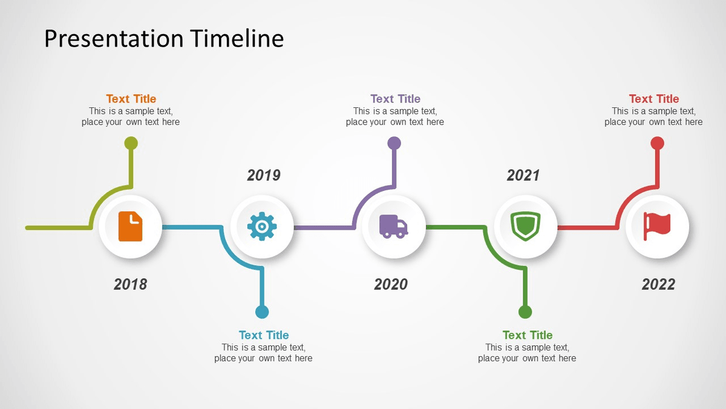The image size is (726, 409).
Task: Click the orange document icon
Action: [130, 227]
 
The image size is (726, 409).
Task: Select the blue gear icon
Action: [262, 227]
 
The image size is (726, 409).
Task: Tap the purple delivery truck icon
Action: [393, 226]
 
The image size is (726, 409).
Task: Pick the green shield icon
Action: [525, 226]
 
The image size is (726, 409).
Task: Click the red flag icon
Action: [657, 225]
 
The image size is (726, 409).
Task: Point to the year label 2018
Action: [130, 284]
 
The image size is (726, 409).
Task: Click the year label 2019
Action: [264, 175]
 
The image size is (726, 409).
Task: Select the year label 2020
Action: [391, 284]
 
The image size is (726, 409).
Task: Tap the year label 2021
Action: [523, 175]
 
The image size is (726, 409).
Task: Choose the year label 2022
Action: [658, 284]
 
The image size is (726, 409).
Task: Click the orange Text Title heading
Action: [131, 99]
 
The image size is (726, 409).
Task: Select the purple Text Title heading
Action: [395, 99]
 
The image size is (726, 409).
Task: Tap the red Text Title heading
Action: [653, 99]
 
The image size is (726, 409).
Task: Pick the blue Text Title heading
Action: [264, 335]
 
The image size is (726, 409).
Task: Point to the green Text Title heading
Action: [528, 335]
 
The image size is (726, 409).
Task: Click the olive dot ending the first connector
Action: [131, 144]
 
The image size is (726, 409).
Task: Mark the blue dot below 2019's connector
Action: [262, 312]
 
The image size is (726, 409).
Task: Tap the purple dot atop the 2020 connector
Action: [394, 144]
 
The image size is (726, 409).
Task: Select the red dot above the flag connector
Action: [657, 144]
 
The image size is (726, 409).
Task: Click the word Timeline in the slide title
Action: [237, 39]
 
